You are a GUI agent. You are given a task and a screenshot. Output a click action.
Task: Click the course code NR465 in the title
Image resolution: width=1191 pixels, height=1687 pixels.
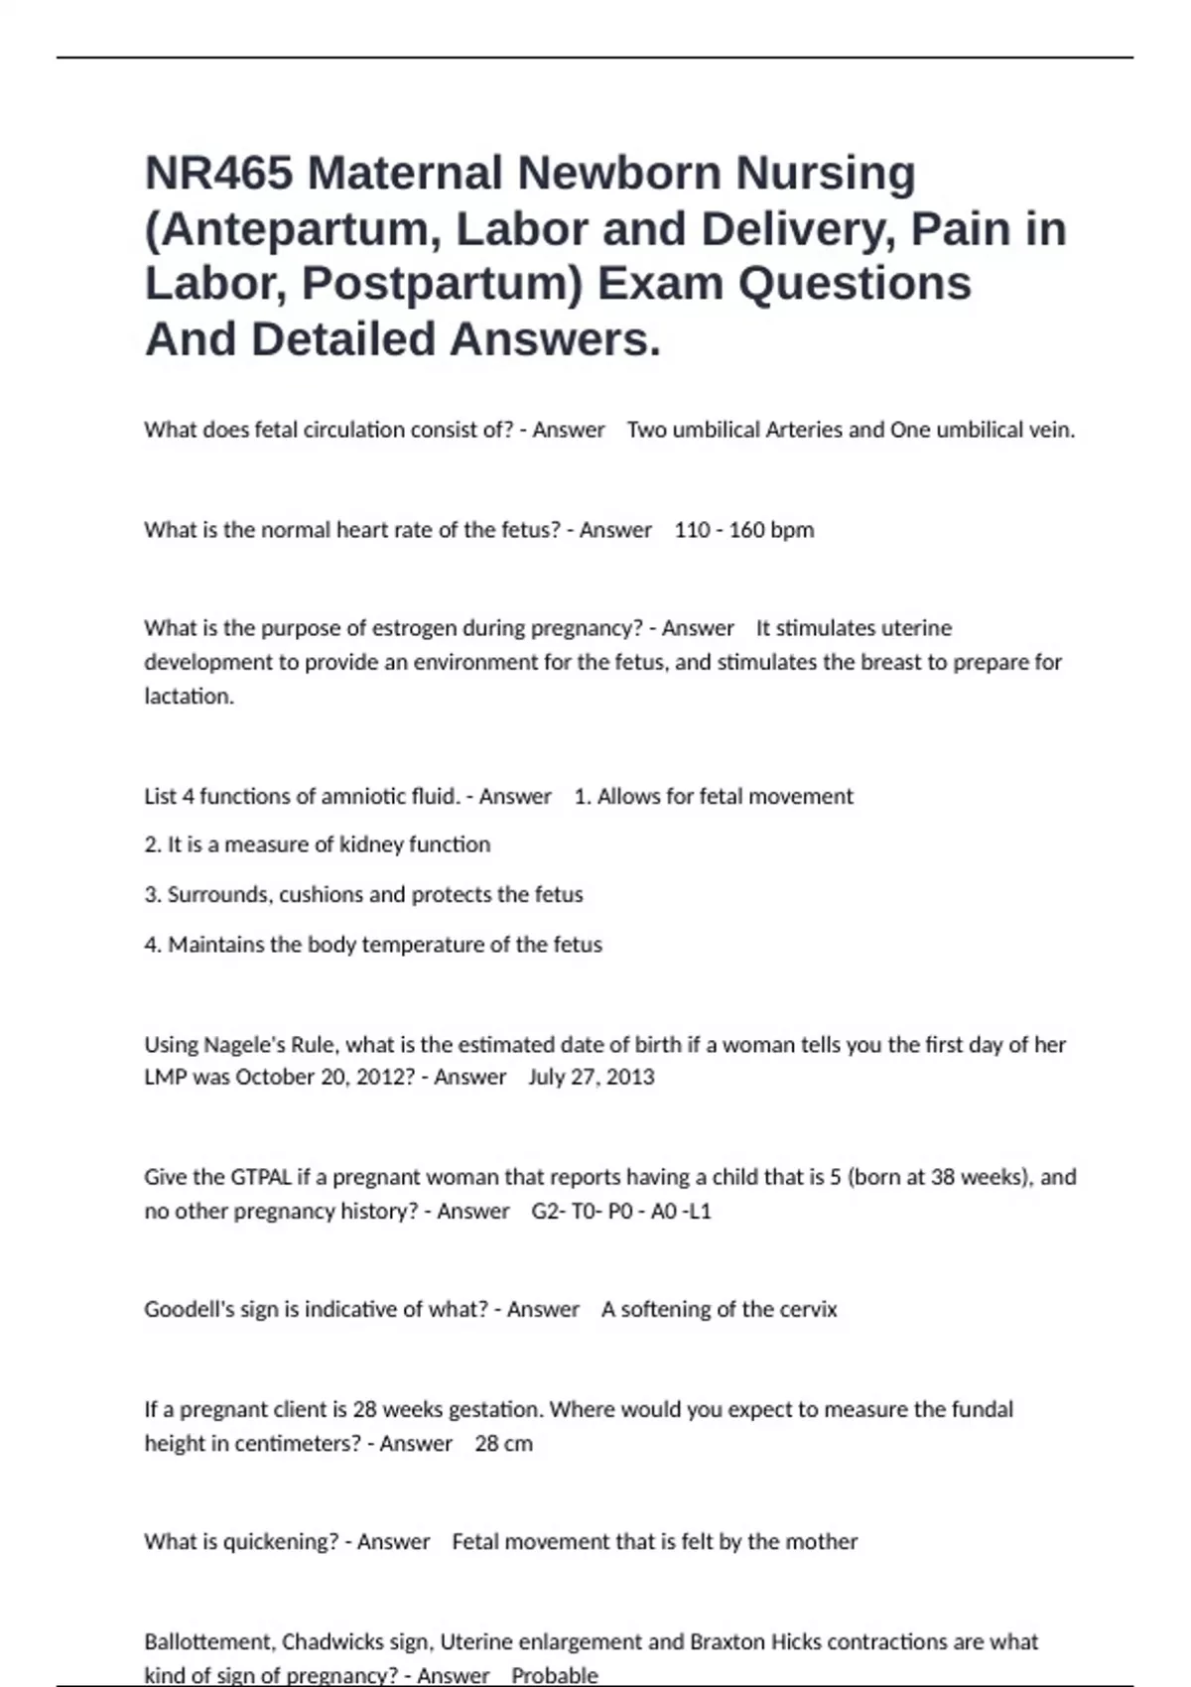pyautogui.click(x=218, y=174)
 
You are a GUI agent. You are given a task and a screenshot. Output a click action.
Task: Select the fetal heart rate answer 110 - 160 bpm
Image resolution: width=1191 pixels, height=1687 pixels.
pyautogui.click(x=743, y=530)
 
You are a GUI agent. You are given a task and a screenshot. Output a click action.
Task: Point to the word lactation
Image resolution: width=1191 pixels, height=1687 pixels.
pyautogui.click(x=189, y=696)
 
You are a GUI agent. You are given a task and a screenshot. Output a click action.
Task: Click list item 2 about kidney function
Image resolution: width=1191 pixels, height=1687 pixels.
pyautogui.click(x=317, y=844)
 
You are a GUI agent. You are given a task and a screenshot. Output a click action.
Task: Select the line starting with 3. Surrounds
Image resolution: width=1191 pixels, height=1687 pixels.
pyautogui.click(x=363, y=894)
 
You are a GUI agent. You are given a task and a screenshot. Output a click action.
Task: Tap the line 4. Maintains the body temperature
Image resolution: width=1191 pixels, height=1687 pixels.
pyautogui.click(x=372, y=944)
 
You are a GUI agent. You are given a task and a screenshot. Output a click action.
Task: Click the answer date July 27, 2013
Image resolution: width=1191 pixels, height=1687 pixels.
pyautogui.click(x=591, y=1077)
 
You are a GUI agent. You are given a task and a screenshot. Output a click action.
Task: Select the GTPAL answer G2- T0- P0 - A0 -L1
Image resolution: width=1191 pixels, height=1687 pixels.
pyautogui.click(x=621, y=1211)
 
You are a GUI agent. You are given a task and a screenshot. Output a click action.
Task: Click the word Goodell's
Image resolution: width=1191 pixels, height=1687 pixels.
pyautogui.click(x=190, y=1309)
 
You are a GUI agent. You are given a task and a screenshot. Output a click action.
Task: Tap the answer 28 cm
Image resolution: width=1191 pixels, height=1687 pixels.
pyautogui.click(x=503, y=1443)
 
